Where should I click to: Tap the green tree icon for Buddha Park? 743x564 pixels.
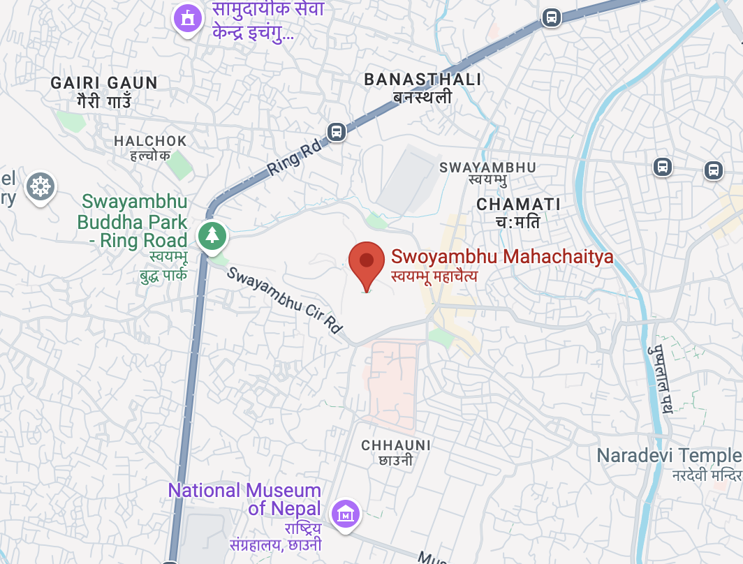pyautogui.click(x=212, y=235)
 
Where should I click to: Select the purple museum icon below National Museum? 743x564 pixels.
pyautogui.click(x=345, y=514)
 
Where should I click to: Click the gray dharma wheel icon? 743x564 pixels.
pyautogui.click(x=40, y=186)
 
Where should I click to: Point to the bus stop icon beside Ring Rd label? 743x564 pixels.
pyautogui.click(x=337, y=131)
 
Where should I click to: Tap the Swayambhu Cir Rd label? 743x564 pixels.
pyautogui.click(x=286, y=300)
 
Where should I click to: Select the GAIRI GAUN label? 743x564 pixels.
pyautogui.click(x=104, y=83)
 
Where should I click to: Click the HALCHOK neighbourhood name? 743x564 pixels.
pyautogui.click(x=150, y=141)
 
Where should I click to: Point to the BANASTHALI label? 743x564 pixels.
pyautogui.click(x=422, y=80)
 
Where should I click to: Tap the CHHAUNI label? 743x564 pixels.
pyautogui.click(x=396, y=445)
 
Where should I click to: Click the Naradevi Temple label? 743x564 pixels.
pyautogui.click(x=668, y=456)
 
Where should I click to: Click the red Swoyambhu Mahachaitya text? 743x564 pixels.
pyautogui.click(x=502, y=256)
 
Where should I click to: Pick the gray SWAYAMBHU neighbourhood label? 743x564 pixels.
pyautogui.click(x=487, y=168)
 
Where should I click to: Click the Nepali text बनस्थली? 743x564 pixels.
pyautogui.click(x=422, y=97)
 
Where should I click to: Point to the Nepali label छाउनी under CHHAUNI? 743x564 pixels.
pyautogui.click(x=395, y=460)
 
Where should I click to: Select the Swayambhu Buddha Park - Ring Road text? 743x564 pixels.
pyautogui.click(x=133, y=221)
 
